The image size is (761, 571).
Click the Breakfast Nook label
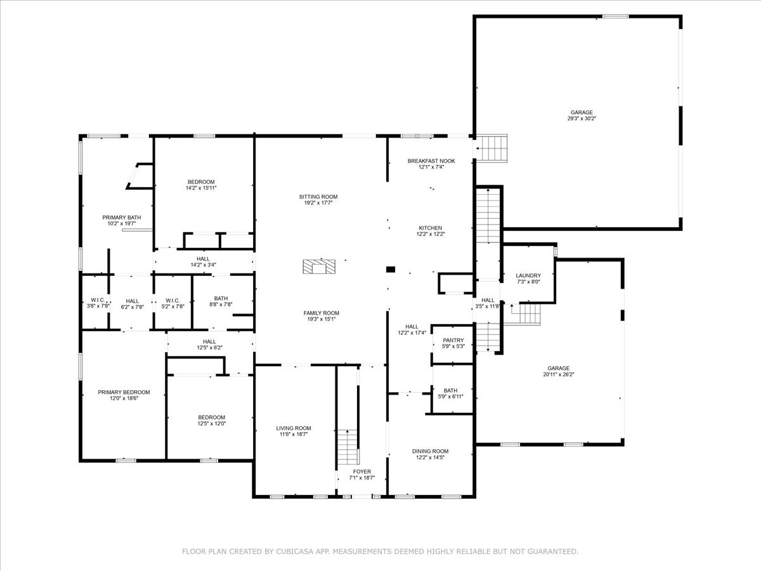click(x=431, y=161)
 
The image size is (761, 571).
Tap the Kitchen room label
click(x=430, y=228)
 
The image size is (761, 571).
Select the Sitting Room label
click(x=318, y=197)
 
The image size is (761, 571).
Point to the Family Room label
click(x=321, y=313)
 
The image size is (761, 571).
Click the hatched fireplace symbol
click(x=319, y=266)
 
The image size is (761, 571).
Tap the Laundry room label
click(x=528, y=275)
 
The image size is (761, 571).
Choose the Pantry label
click(x=453, y=340)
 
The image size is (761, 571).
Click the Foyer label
click(x=362, y=471)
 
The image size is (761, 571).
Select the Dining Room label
click(x=430, y=451)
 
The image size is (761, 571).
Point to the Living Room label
click(x=294, y=428)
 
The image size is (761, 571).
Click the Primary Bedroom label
click(x=124, y=392)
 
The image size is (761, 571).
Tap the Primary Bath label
click(x=121, y=218)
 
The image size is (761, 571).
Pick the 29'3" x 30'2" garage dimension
click(x=582, y=118)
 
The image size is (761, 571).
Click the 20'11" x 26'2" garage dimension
click(x=559, y=374)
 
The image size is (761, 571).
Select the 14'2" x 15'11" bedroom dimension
click(x=201, y=188)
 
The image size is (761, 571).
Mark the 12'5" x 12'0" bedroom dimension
click(x=211, y=423)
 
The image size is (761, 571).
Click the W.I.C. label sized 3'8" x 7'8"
click(x=98, y=300)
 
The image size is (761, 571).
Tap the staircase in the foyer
click(x=348, y=447)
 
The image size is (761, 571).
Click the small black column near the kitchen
click(x=391, y=269)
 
